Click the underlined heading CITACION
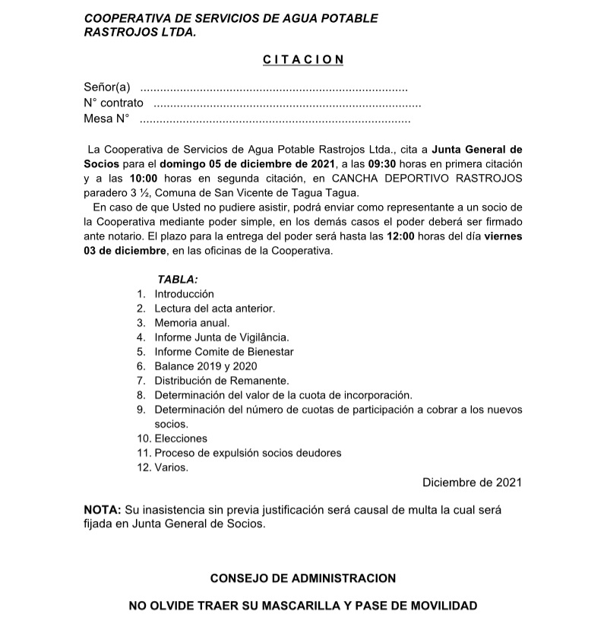coord(303,59)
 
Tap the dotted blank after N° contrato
coord(287,103)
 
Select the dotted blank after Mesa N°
coord(275,119)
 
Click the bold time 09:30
coord(384,164)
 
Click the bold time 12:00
coord(401,236)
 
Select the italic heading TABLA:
coord(178,280)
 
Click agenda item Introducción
coord(185,293)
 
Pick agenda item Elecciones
coord(181,438)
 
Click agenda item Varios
coord(171,467)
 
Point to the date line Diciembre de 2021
coord(472,483)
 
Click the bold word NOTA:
coord(102,509)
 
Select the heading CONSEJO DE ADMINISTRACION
coord(303,578)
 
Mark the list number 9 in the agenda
coord(141,410)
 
